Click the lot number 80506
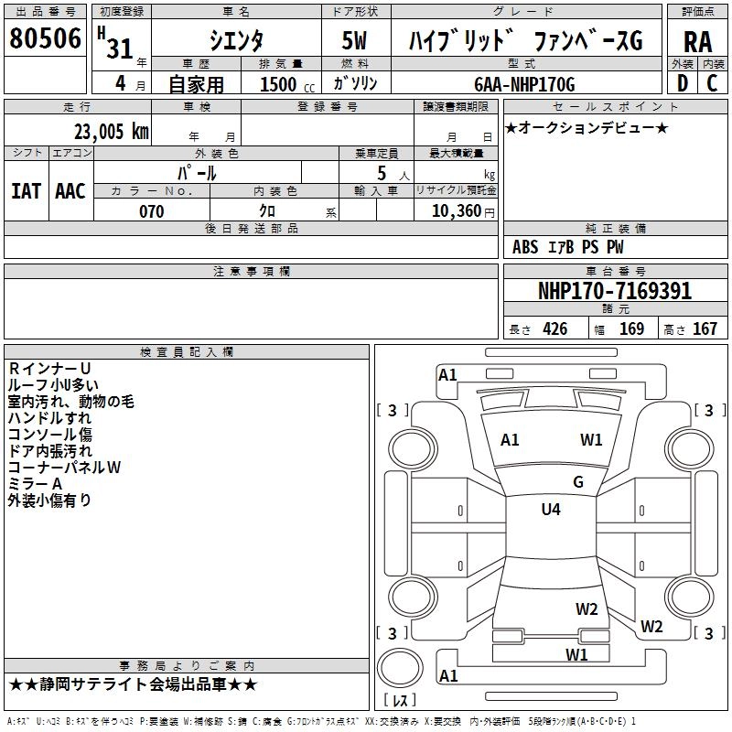click(x=45, y=38)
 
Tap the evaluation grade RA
click(x=697, y=41)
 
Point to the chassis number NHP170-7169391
click(x=615, y=291)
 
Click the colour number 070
click(x=151, y=211)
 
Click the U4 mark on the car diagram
click(x=551, y=510)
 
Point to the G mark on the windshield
click(x=577, y=482)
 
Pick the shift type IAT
click(x=26, y=191)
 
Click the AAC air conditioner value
click(x=70, y=191)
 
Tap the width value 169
click(x=631, y=329)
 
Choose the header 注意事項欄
click(x=251, y=272)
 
